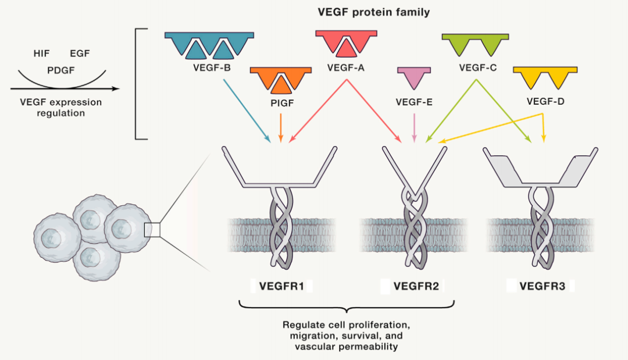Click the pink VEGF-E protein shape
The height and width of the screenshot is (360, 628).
pos(413,77)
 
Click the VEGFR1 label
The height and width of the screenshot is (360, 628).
pos(281,286)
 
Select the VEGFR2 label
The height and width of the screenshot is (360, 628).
pos(413,286)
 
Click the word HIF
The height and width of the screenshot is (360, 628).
pos(42,54)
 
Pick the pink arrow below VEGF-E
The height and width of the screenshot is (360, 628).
pos(413,127)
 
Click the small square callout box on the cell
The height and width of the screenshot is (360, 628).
pos(152,230)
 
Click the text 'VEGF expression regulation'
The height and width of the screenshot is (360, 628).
pos(60,108)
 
